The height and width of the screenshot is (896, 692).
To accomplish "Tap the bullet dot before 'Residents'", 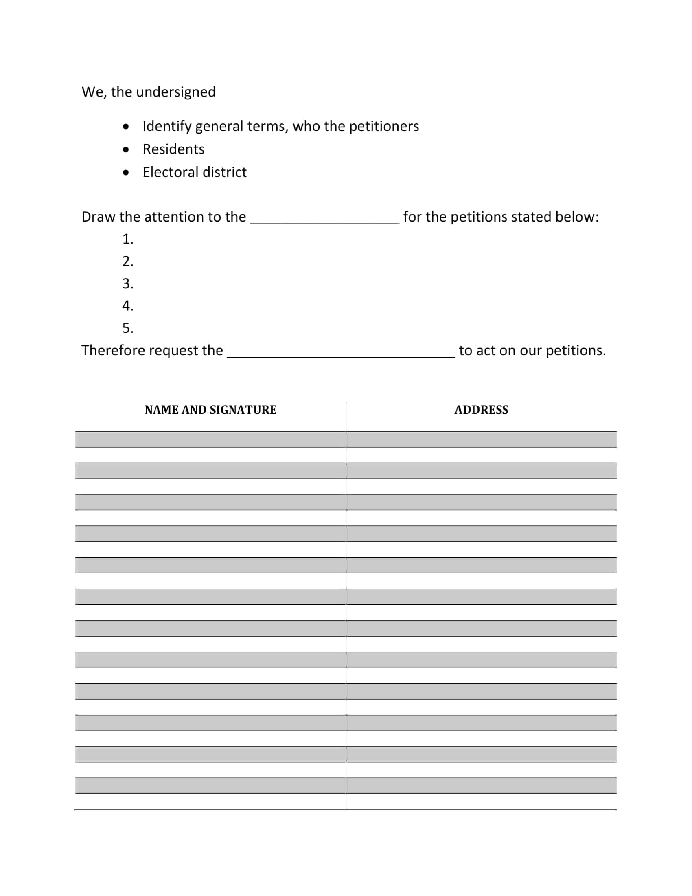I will (126, 149).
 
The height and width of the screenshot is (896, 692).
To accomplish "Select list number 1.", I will (127, 239).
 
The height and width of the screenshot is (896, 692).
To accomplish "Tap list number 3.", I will (127, 284).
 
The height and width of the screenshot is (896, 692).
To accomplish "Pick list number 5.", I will (127, 328).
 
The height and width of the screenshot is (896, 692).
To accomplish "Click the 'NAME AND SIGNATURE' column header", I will (210, 410).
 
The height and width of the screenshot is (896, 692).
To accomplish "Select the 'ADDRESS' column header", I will (481, 410).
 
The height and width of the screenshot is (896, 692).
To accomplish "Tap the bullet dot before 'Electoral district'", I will (126, 172).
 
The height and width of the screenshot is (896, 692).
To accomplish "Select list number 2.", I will (127, 261).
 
